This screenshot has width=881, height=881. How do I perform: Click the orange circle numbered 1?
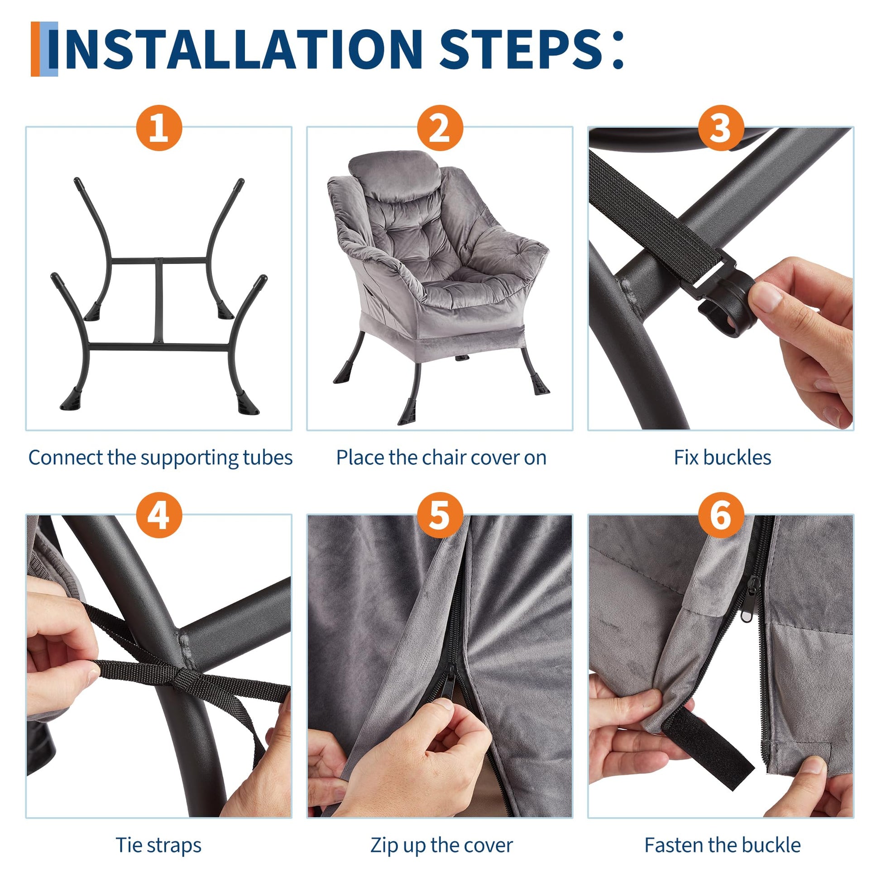click(x=159, y=128)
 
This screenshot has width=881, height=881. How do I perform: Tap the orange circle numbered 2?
click(x=440, y=128)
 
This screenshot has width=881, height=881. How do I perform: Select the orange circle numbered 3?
click(x=721, y=128)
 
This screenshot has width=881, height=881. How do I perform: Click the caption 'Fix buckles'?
click(x=722, y=457)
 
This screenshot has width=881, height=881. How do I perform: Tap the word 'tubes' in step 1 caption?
click(x=268, y=458)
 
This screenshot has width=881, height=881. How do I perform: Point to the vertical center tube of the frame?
click(x=159, y=302)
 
